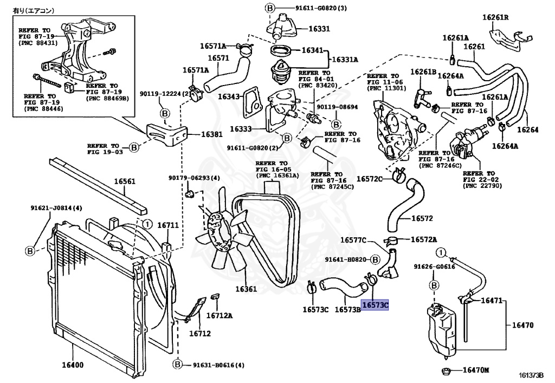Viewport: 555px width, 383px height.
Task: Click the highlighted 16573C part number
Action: [x=376, y=306]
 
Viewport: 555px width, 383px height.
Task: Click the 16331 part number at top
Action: [x=319, y=29]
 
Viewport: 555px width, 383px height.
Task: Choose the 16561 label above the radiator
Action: [x=124, y=181]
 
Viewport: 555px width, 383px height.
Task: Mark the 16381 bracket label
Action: [x=212, y=134]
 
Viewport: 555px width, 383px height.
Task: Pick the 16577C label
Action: [x=353, y=240]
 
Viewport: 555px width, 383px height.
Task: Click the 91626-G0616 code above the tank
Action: [x=434, y=267]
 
